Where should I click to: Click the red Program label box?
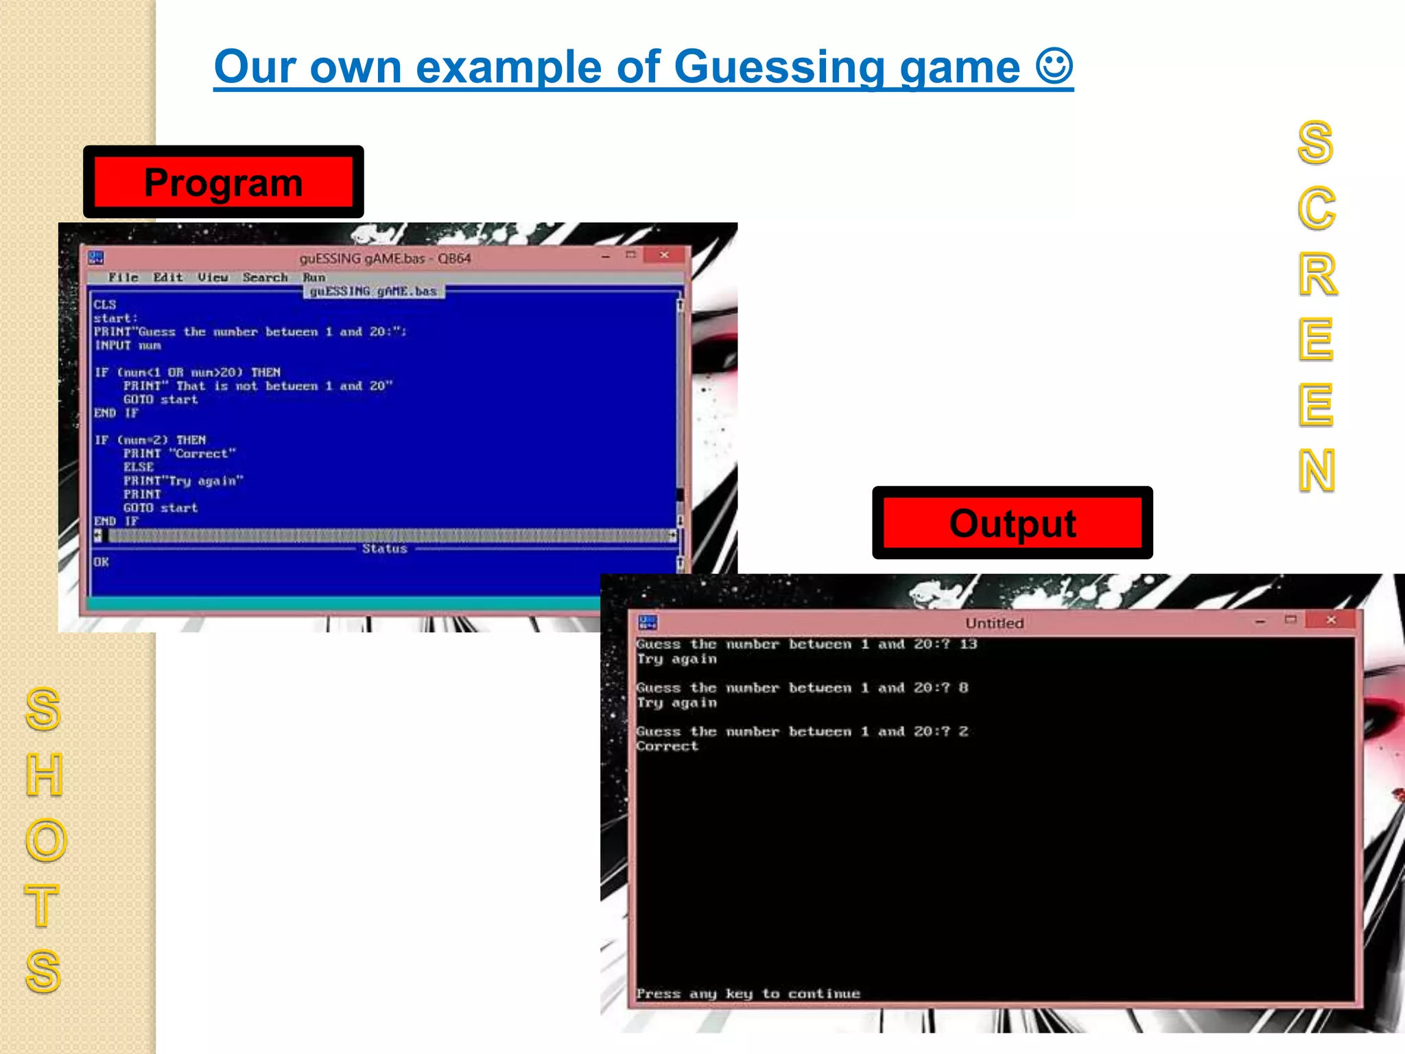pyautogui.click(x=223, y=182)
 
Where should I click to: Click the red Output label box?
pyautogui.click(x=1012, y=523)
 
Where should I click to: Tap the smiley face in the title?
pyautogui.click(x=1054, y=66)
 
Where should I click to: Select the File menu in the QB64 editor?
pyautogui.click(x=123, y=277)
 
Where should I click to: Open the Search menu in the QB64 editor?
pyautogui.click(x=265, y=277)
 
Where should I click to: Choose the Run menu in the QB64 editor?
pyautogui.click(x=314, y=277)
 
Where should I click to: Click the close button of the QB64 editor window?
pyautogui.click(x=664, y=255)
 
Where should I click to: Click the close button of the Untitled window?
pyautogui.click(x=1331, y=620)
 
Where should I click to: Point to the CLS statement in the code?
pyautogui.click(x=105, y=305)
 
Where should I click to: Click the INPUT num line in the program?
pyautogui.click(x=128, y=345)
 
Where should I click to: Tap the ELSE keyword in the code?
pyautogui.click(x=139, y=467)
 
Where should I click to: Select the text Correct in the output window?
pyautogui.click(x=667, y=746)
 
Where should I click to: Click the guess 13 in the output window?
pyautogui.click(x=968, y=644)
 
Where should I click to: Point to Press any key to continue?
pyautogui.click(x=748, y=994)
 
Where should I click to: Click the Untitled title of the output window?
pyautogui.click(x=994, y=623)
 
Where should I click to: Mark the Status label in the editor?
pyautogui.click(x=384, y=548)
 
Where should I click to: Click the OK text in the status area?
pyautogui.click(x=102, y=562)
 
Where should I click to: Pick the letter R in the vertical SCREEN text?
pyautogui.click(x=1317, y=274)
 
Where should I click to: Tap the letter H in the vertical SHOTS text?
pyautogui.click(x=45, y=774)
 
